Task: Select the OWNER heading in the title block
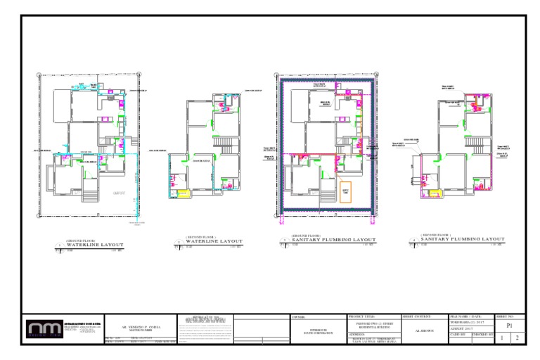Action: (x=298, y=318)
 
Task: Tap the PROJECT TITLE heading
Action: (x=363, y=318)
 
